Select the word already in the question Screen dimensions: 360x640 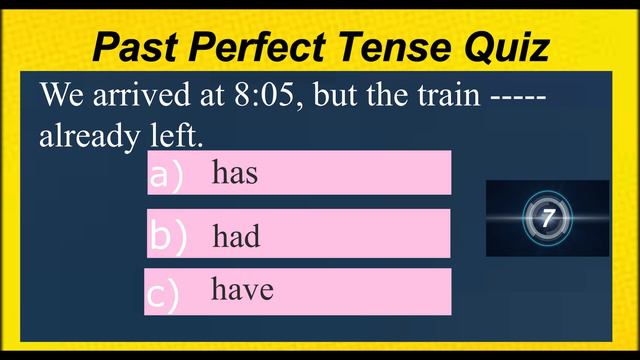tap(84, 137)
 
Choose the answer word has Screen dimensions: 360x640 tap(235, 173)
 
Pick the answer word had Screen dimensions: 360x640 tap(236, 236)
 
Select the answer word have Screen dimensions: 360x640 tap(242, 290)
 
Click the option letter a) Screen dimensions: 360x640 tap(167, 175)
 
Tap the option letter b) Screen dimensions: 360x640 tap(168, 236)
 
